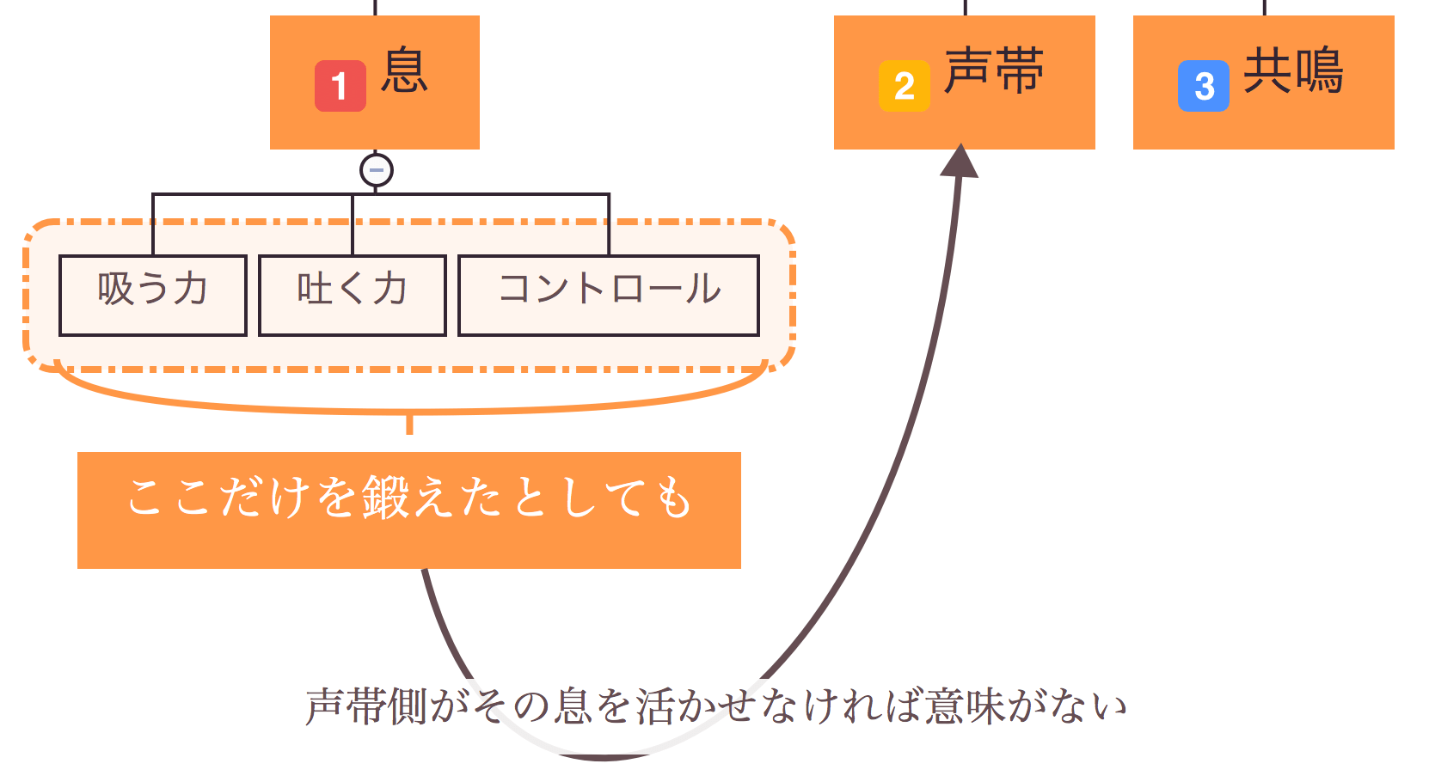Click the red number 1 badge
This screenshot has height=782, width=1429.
[x=340, y=86]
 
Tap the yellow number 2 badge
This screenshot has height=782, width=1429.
[x=905, y=86]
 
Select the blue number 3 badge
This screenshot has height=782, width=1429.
[x=1204, y=86]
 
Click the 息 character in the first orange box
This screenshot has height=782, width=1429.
[x=404, y=70]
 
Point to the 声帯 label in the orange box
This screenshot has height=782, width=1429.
[x=994, y=70]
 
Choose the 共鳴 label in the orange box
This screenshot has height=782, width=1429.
[x=1293, y=70]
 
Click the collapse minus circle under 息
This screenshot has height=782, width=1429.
[x=377, y=170]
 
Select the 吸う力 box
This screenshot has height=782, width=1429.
[x=153, y=296]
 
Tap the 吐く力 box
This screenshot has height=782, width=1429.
[x=353, y=296]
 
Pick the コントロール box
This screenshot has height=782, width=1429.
[x=609, y=296]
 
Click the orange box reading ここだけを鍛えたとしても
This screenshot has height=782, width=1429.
[x=409, y=510]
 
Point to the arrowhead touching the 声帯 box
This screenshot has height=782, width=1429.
[x=960, y=162]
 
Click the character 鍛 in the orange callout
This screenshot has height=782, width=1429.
[x=385, y=498]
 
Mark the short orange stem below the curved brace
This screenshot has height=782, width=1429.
[x=409, y=425]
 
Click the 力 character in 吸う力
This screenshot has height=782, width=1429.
[x=191, y=289]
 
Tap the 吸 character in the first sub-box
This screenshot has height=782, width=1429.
[x=115, y=289]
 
